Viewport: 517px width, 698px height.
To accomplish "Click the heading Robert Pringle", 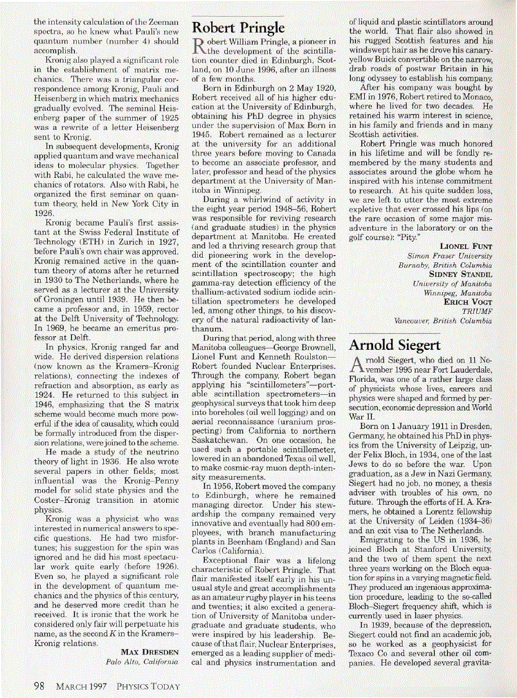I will [238, 28].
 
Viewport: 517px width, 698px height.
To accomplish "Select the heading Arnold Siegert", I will [394, 345].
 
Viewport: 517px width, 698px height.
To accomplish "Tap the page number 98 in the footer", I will [40, 686].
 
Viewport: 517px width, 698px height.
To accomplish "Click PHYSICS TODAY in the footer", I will [147, 686].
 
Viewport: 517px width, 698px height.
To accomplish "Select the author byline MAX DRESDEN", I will [149, 652].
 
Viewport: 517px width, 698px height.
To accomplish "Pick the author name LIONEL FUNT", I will [466, 246].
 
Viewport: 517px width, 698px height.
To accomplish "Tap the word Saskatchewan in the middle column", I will [220, 439].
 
